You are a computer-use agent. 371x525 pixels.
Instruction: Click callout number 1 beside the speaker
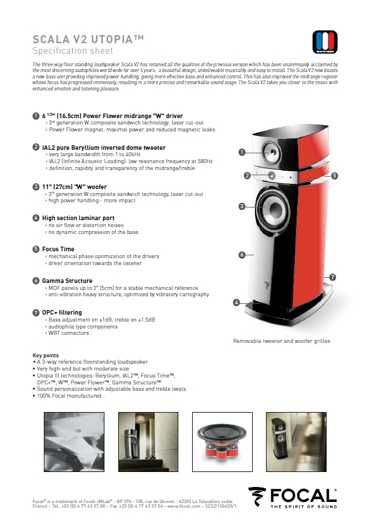242,152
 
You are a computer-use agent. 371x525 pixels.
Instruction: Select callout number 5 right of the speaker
335,175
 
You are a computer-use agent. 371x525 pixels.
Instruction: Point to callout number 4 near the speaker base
237,302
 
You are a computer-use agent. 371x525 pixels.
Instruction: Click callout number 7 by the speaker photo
333,277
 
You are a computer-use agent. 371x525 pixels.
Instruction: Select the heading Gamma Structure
67,281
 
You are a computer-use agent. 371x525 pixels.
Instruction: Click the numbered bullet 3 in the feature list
36,187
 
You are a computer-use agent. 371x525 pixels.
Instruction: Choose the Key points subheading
46,355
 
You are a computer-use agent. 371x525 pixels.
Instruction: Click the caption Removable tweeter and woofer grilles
282,341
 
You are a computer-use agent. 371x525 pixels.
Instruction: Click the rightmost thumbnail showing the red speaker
287,436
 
